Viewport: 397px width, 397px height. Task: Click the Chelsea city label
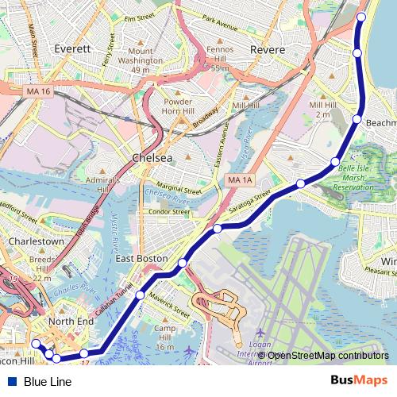pos(152,157)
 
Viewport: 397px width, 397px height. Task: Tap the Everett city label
pos(73,48)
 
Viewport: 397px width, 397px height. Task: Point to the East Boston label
pos(141,259)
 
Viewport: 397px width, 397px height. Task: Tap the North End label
pos(71,321)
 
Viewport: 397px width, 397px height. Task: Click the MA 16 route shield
pos(37,92)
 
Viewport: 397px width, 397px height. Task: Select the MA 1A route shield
pos(239,181)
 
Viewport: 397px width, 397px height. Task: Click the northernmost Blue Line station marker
pos(361,17)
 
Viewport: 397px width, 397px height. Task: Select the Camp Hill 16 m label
pos(164,337)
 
